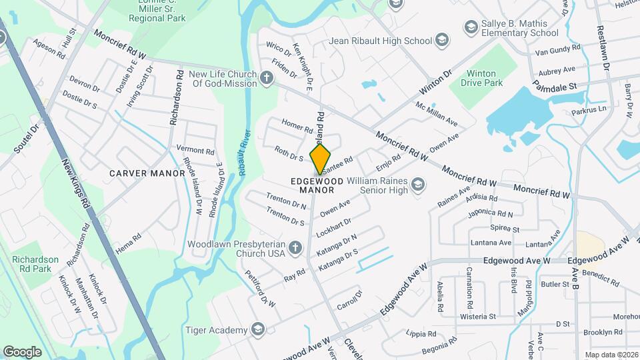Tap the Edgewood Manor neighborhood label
pyautogui.click(x=317, y=185)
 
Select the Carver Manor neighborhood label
pyautogui.click(x=147, y=173)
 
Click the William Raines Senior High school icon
pyautogui.click(x=418, y=185)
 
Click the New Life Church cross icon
pyautogui.click(x=267, y=79)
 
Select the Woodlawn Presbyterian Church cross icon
pyautogui.click(x=296, y=249)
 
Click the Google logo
pyautogui.click(x=22, y=351)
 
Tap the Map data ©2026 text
pyautogui.click(x=611, y=355)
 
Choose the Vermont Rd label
pyautogui.click(x=195, y=151)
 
